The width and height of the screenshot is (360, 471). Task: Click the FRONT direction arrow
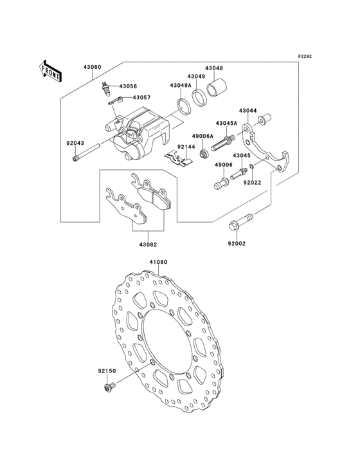pos(50,71)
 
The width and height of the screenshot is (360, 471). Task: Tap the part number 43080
pos(92,67)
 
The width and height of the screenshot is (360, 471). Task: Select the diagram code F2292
pos(305,56)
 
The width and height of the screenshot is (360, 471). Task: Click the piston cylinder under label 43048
pos(217,88)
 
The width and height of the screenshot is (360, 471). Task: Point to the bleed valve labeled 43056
pos(105,88)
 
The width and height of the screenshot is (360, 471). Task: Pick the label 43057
pos(141,98)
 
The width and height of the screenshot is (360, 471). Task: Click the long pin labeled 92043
pos(86,153)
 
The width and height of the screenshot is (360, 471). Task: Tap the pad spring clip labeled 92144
pos(179,158)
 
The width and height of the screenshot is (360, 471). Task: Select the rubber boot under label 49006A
pos(204,154)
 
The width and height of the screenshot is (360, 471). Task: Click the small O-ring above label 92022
pos(253,167)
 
